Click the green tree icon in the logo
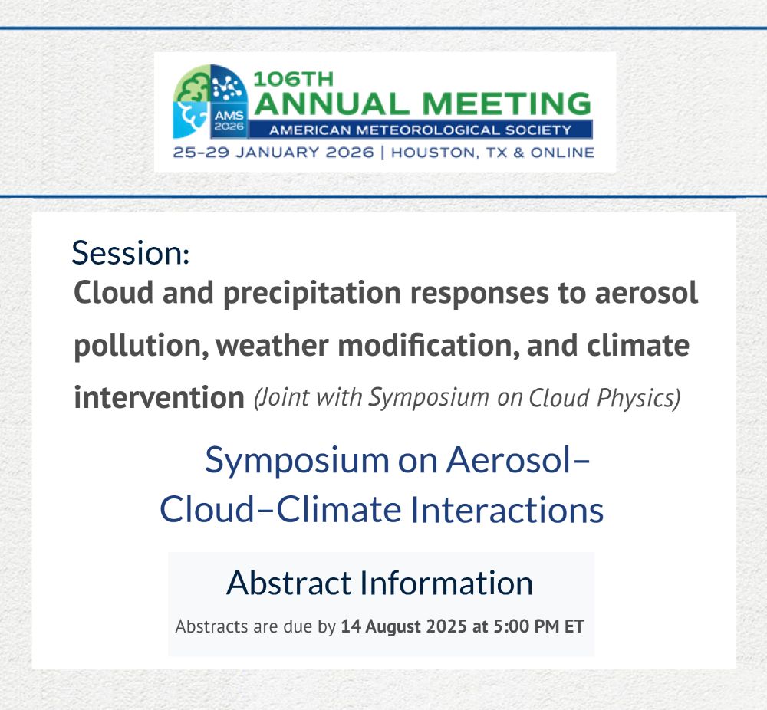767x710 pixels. [x=193, y=84]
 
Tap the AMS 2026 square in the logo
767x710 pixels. [x=229, y=120]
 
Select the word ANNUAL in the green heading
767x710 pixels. [x=331, y=104]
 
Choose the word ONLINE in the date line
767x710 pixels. [x=562, y=153]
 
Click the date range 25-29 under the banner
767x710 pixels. [x=201, y=153]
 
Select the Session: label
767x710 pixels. [x=130, y=253]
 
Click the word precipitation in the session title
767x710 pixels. [x=312, y=294]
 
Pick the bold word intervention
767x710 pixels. [x=159, y=397]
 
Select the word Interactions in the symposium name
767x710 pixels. [x=507, y=510]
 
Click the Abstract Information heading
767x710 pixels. [x=380, y=583]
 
